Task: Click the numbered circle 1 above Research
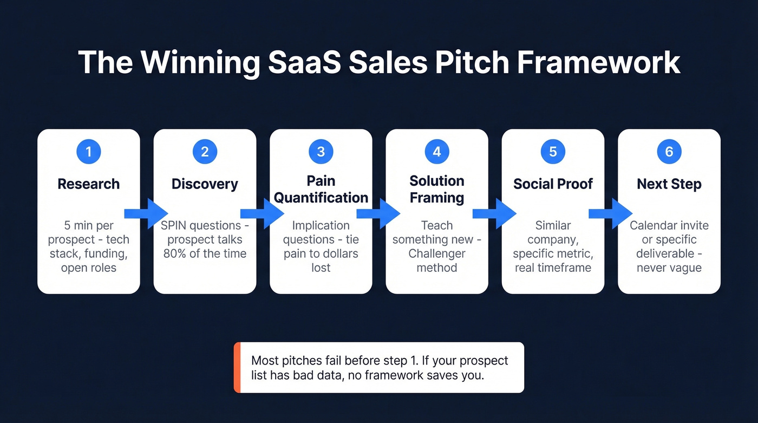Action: click(x=89, y=152)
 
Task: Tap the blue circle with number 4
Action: click(x=437, y=152)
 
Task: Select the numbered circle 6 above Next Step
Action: click(x=669, y=152)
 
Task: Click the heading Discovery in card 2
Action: click(x=205, y=184)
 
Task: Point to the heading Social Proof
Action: click(x=553, y=184)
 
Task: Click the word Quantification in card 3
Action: click(x=321, y=198)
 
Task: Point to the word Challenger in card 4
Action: click(x=437, y=253)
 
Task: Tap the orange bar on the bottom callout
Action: click(x=237, y=367)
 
